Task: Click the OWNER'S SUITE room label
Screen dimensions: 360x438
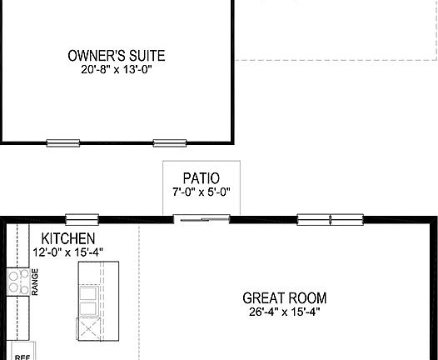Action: point(116,57)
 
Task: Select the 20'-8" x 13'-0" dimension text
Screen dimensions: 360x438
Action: point(116,71)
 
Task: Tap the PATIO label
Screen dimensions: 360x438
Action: point(201,177)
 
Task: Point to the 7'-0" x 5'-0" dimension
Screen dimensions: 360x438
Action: point(201,192)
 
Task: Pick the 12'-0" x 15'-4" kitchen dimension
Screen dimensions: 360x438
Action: point(68,252)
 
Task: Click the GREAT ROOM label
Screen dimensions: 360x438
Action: point(284,297)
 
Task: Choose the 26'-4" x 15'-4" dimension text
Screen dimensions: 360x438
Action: point(284,312)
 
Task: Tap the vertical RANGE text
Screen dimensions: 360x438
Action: point(35,282)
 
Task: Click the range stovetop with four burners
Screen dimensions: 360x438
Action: point(17,283)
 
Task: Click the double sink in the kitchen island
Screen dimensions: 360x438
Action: point(87,293)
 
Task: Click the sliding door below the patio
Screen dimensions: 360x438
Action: point(201,219)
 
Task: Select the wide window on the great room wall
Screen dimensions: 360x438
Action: point(331,220)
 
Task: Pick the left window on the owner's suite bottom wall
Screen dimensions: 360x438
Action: point(62,143)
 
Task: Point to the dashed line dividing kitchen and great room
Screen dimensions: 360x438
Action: point(139,292)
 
